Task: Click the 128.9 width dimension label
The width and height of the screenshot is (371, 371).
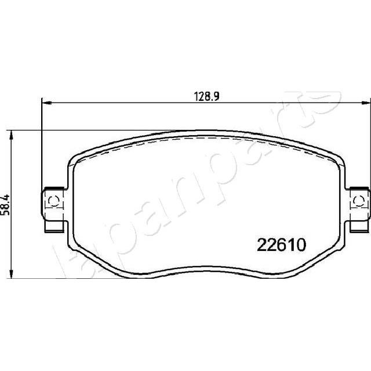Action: click(207, 97)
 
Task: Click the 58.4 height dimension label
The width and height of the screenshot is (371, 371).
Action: click(5, 205)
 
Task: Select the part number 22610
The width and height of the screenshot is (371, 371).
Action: click(281, 245)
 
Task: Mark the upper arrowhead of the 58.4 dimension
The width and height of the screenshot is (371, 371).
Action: click(10, 136)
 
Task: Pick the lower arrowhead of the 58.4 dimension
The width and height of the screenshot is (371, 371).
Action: click(10, 273)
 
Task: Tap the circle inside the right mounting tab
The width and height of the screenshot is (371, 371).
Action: click(359, 202)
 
